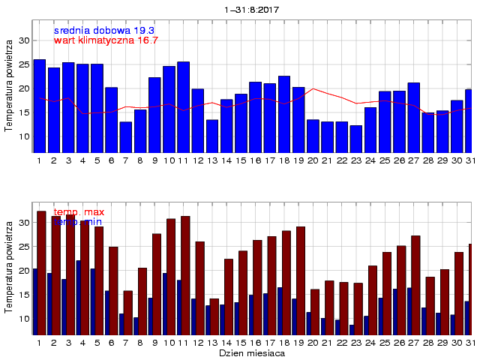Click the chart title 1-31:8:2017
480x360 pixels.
(x=251, y=10)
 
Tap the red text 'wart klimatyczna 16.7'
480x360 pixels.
(x=106, y=40)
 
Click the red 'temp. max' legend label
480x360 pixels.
(x=79, y=213)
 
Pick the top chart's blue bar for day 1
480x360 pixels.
(x=39, y=105)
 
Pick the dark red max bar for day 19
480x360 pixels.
(x=301, y=280)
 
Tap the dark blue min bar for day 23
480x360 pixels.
(x=352, y=329)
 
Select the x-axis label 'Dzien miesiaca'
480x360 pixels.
(x=251, y=352)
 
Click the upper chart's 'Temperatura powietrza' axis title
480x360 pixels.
(x=9, y=86)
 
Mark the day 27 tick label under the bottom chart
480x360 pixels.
(x=413, y=342)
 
